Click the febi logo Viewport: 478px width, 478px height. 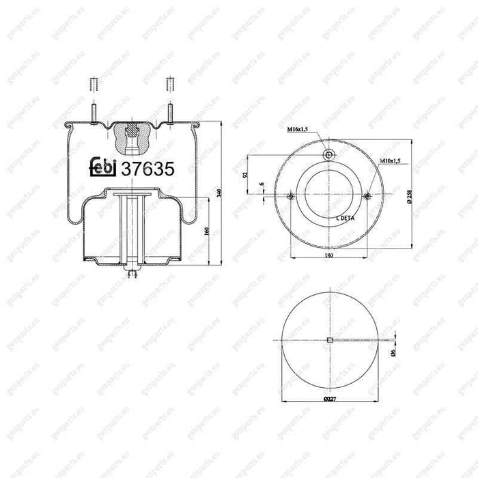(103, 167)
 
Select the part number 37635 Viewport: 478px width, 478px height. (147, 167)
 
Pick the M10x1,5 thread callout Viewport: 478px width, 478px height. (391, 160)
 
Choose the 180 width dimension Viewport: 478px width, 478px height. (329, 255)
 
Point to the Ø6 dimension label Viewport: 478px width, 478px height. (393, 351)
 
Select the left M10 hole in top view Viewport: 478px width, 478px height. (291, 197)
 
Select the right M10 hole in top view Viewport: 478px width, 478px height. (368, 197)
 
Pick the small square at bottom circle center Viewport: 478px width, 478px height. (329, 340)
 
